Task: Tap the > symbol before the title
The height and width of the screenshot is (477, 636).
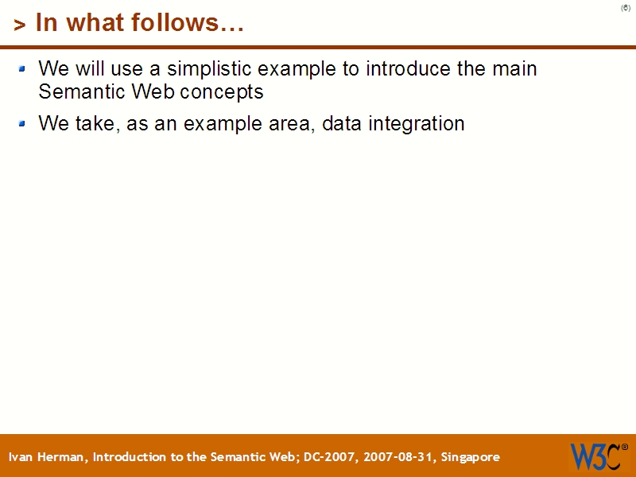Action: [20, 25]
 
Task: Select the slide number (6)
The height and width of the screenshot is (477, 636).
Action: [626, 8]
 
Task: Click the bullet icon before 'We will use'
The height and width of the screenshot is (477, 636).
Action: [23, 68]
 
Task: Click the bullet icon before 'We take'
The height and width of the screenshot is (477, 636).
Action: [23, 123]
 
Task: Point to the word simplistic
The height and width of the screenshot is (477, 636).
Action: [209, 69]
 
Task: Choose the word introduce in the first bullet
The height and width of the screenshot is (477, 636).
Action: [408, 69]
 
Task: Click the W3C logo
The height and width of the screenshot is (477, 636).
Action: [595, 456]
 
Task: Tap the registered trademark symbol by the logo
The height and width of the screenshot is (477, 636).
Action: [624, 448]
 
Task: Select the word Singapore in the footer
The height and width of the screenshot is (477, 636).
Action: [471, 457]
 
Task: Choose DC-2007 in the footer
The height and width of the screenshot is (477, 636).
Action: [329, 457]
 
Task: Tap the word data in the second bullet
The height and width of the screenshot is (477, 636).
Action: [343, 124]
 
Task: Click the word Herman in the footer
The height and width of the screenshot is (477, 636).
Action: [62, 457]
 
